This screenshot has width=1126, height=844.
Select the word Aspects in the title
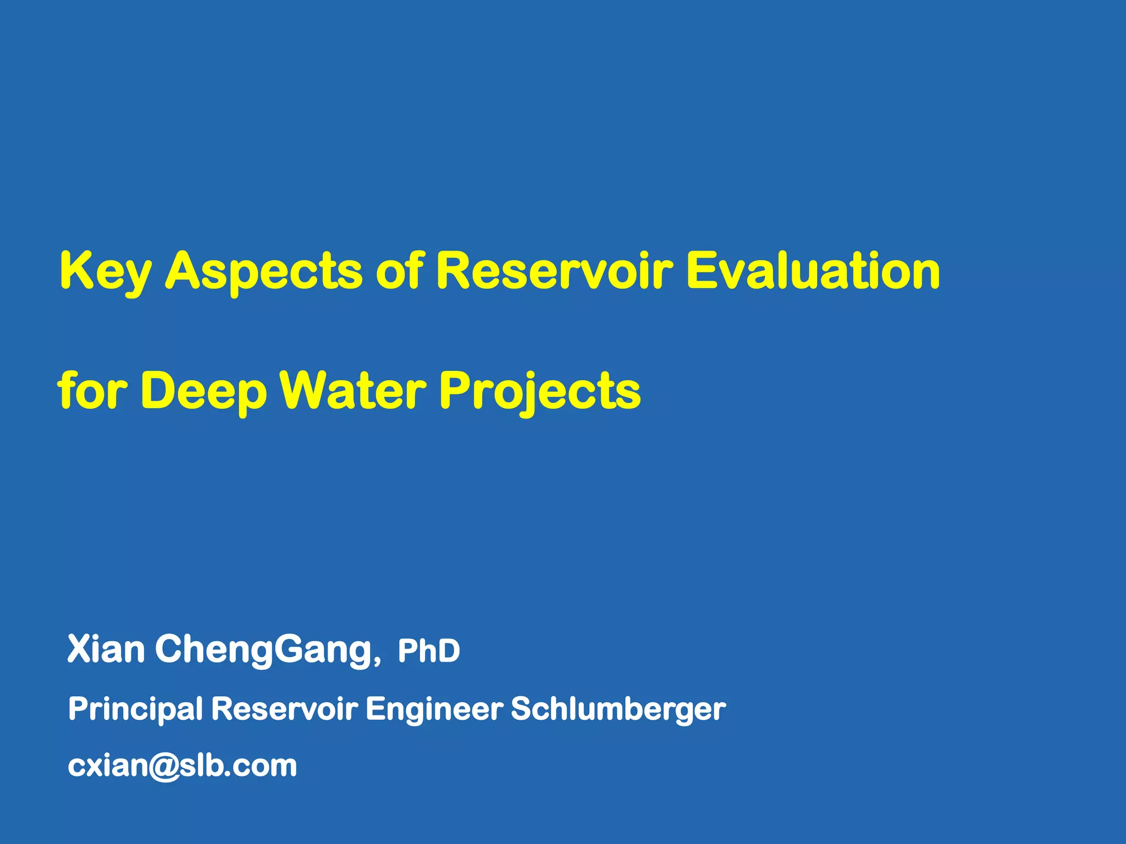tap(264, 271)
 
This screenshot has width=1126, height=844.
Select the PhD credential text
tap(429, 652)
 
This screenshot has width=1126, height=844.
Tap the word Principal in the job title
tap(135, 709)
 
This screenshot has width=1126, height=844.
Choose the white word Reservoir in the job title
tap(284, 708)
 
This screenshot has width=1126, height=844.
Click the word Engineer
tap(434, 709)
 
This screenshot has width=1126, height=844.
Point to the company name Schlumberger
tap(618, 709)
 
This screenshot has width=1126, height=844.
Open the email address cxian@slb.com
tap(182, 765)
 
